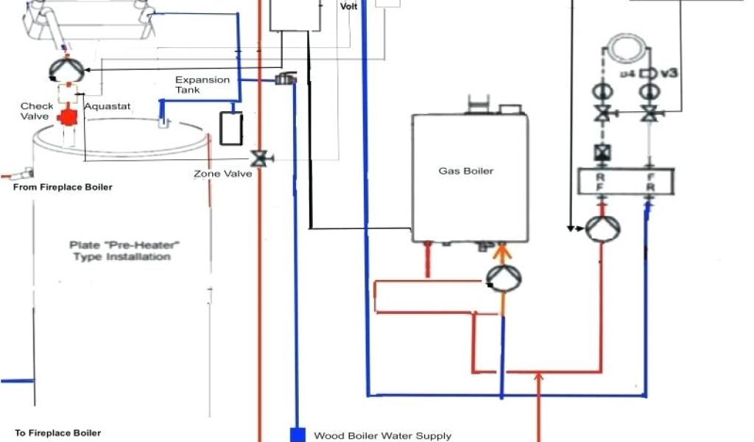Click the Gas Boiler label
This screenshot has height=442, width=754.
click(466, 171)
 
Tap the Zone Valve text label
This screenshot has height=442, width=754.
click(223, 174)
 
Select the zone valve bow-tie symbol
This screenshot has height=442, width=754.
click(259, 158)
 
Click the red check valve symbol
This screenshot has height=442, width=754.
click(69, 116)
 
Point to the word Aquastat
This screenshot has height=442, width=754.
click(108, 106)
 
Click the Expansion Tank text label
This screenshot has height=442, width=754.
click(202, 84)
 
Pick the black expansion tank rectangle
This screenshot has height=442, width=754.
click(231, 127)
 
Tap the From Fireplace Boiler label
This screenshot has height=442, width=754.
click(63, 187)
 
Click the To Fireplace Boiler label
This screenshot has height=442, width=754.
click(58, 432)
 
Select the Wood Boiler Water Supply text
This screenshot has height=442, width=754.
click(383, 435)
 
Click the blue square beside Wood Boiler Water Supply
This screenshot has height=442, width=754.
click(297, 435)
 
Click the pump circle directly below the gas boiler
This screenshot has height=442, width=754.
click(504, 278)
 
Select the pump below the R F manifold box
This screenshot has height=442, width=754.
click(602, 228)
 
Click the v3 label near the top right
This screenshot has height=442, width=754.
click(668, 74)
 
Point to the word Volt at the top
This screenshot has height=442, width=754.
click(348, 6)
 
